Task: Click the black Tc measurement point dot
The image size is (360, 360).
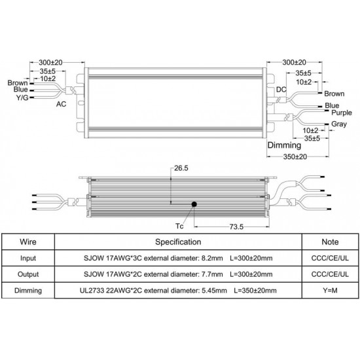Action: click(x=194, y=204)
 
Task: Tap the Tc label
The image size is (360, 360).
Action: click(x=179, y=226)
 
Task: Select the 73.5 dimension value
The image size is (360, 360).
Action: click(x=236, y=227)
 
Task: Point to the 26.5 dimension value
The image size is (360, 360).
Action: click(x=181, y=168)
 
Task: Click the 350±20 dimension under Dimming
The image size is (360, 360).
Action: click(x=295, y=157)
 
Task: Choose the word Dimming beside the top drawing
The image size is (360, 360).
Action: click(x=284, y=145)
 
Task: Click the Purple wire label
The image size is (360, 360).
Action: click(x=342, y=113)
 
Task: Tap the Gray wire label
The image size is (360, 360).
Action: click(x=339, y=124)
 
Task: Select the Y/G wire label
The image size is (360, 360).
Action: click(x=22, y=98)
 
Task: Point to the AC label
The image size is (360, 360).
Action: click(x=61, y=104)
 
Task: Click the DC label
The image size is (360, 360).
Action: click(x=281, y=89)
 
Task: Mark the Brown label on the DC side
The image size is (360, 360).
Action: click(x=334, y=94)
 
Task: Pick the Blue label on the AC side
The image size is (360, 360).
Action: click(x=21, y=89)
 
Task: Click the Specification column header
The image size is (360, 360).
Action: click(x=178, y=242)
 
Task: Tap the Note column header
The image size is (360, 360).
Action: click(x=330, y=242)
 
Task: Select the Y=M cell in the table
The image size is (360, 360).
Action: click(x=330, y=291)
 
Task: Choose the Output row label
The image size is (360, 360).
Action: click(x=28, y=274)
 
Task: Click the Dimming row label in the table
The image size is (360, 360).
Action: click(x=28, y=291)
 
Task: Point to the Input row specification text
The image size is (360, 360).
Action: click(x=178, y=258)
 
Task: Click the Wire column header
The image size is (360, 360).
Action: click(x=28, y=242)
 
